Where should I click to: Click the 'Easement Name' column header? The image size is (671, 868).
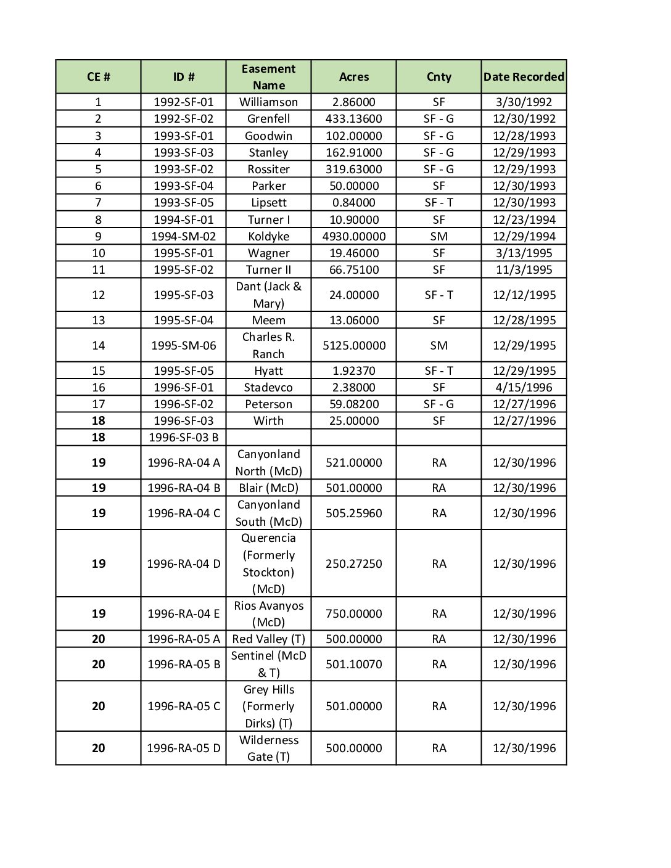coord(268,77)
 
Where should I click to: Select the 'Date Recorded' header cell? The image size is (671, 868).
coord(524,77)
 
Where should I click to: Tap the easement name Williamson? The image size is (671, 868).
coord(268,102)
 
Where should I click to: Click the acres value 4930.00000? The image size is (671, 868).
coord(354,237)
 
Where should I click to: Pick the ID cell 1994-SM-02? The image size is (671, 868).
coord(183,237)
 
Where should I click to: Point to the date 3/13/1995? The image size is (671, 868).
coord(524,253)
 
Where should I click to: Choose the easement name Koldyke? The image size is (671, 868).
coord(268,237)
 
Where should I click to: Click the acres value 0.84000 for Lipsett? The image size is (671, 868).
coord(354,203)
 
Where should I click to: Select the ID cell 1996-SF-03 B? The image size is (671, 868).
coord(183,438)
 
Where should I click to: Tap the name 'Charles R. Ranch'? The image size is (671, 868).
coord(268,346)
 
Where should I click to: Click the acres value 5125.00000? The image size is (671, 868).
coord(354,346)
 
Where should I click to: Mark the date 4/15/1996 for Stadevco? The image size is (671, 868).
coord(524,388)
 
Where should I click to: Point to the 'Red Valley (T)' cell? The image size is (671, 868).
coord(268,639)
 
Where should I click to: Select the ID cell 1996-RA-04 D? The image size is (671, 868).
coord(183,564)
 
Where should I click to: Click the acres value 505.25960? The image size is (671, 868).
coord(354,514)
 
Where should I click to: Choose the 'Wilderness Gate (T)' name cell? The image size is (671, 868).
coord(268,748)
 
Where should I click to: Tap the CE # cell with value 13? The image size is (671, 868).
coord(98,321)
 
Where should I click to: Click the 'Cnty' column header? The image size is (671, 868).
coord(438,77)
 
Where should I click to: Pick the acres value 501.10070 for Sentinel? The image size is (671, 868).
coord(354,665)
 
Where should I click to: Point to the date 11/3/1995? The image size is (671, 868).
coord(524,270)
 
